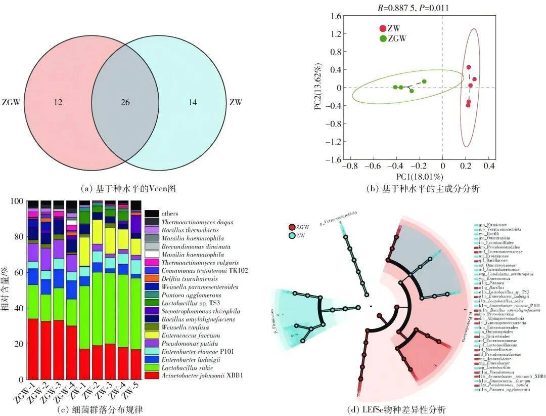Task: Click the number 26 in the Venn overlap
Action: [125, 103]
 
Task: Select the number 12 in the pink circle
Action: [58, 103]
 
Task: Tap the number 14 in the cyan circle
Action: [192, 103]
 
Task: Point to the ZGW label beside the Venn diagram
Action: [11, 103]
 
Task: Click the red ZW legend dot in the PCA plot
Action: [383, 29]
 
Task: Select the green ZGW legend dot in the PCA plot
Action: [383, 38]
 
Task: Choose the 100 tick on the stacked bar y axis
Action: [18, 201]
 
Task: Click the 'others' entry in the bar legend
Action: [170, 214]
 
